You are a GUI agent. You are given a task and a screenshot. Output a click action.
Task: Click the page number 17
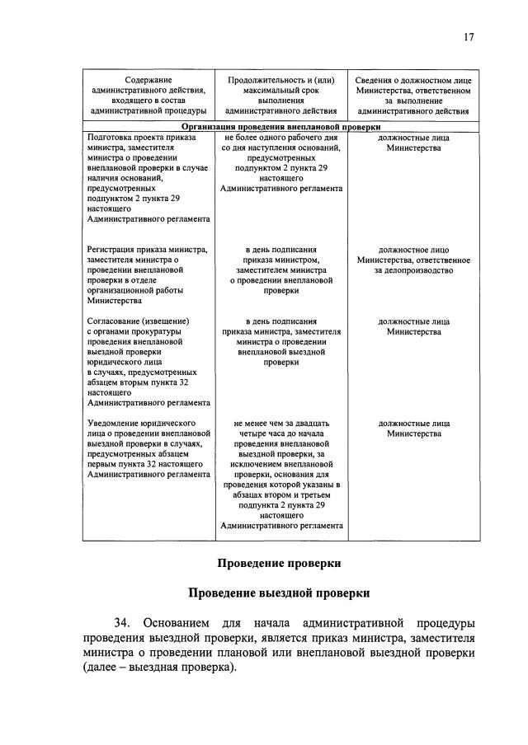point(468,36)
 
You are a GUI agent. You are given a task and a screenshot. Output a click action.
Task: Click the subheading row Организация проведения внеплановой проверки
point(280,127)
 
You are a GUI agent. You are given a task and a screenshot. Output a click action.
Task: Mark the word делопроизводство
point(413,269)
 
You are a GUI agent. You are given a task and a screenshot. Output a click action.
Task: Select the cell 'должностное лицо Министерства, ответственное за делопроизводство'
point(413,259)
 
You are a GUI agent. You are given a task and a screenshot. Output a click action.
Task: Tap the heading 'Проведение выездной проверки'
point(279,593)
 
